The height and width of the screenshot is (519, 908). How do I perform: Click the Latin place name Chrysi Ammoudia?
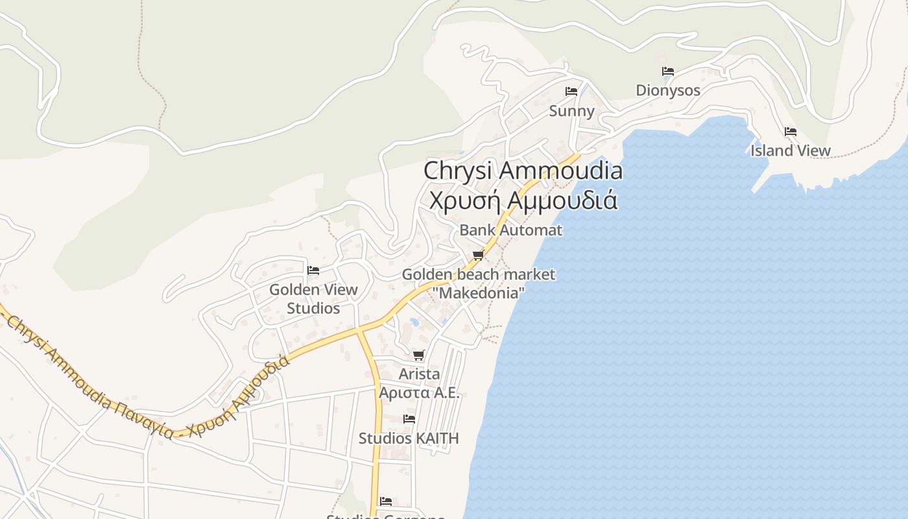coord(523,171)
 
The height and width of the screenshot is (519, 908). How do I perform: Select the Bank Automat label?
coord(511,230)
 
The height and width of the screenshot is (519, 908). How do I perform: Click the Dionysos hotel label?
coord(668,90)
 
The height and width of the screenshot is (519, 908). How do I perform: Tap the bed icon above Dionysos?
coord(668,71)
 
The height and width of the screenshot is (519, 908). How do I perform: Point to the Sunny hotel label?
coord(571,111)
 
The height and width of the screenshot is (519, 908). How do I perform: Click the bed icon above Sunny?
coord(571,91)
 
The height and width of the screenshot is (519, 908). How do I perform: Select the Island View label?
coord(791,151)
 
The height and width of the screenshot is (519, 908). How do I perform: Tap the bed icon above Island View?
coord(791,131)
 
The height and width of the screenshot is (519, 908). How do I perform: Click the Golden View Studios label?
coord(313,298)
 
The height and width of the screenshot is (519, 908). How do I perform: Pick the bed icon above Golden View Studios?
coord(313,270)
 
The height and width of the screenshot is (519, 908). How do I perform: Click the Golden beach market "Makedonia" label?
coord(479,284)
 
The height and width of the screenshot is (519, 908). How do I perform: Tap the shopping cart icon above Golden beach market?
coord(479,255)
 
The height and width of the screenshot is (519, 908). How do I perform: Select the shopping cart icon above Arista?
coord(419,355)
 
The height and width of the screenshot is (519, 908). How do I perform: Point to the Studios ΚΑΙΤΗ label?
coord(409,439)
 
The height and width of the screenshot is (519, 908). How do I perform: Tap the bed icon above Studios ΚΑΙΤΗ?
coord(409,419)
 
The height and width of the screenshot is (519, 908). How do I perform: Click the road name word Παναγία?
coord(144,419)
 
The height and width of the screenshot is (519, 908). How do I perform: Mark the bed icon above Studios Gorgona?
coord(386,501)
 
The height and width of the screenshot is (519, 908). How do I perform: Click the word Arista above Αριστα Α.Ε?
coord(419,374)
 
